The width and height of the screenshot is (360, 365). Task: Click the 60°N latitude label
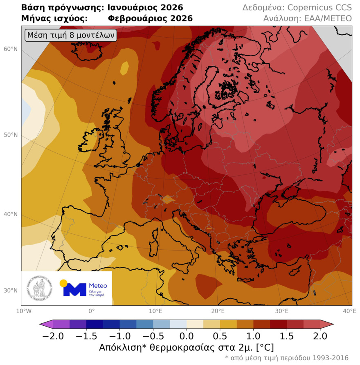(11, 49)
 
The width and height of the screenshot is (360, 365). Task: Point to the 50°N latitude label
(11, 135)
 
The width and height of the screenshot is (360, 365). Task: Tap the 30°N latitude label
(11, 291)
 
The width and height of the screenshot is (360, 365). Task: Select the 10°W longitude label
(21, 311)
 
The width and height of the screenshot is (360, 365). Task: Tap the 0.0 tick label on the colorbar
(187, 336)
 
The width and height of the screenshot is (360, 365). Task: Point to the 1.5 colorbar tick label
(286, 336)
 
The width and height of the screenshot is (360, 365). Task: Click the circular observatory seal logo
(40, 289)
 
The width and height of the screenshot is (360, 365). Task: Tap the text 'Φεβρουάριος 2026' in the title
(150, 19)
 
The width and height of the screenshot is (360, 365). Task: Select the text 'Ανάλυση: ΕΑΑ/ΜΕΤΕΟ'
(307, 19)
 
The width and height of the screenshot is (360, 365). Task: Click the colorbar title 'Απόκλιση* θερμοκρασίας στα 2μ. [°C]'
(186, 347)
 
